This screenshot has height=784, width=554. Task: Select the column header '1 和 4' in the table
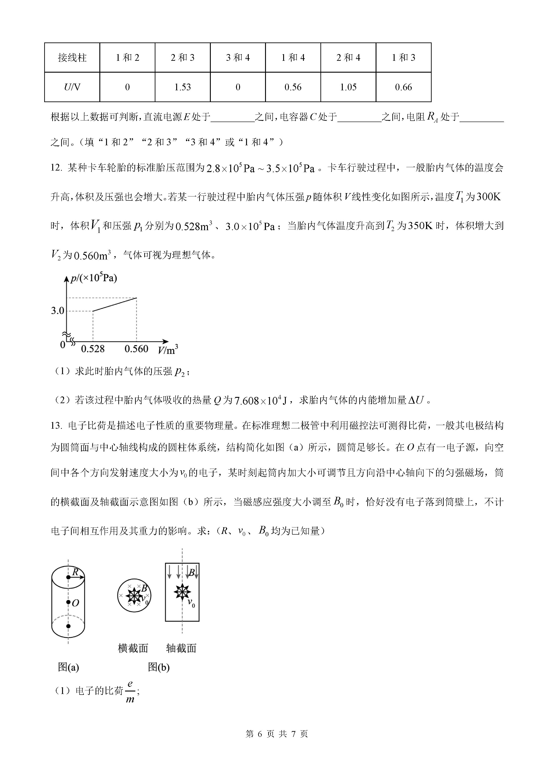293,57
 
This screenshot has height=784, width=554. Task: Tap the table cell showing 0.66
403,87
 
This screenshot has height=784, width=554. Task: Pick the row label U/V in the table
72,87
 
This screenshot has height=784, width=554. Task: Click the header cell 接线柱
72,57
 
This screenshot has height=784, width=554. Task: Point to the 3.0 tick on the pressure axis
58,311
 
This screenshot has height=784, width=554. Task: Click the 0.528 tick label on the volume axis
93,349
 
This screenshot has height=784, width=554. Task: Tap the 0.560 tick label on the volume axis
136,349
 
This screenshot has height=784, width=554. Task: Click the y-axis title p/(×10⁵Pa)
94,278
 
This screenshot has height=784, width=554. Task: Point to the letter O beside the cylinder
75,603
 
